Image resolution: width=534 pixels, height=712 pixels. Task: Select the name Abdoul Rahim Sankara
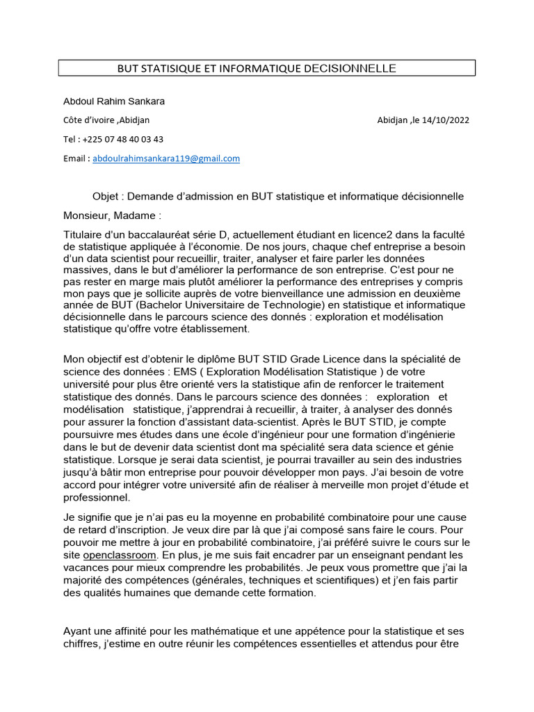(114, 102)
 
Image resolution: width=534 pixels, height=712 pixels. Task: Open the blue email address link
(166, 159)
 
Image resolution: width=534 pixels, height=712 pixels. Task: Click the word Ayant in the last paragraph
(77, 631)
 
